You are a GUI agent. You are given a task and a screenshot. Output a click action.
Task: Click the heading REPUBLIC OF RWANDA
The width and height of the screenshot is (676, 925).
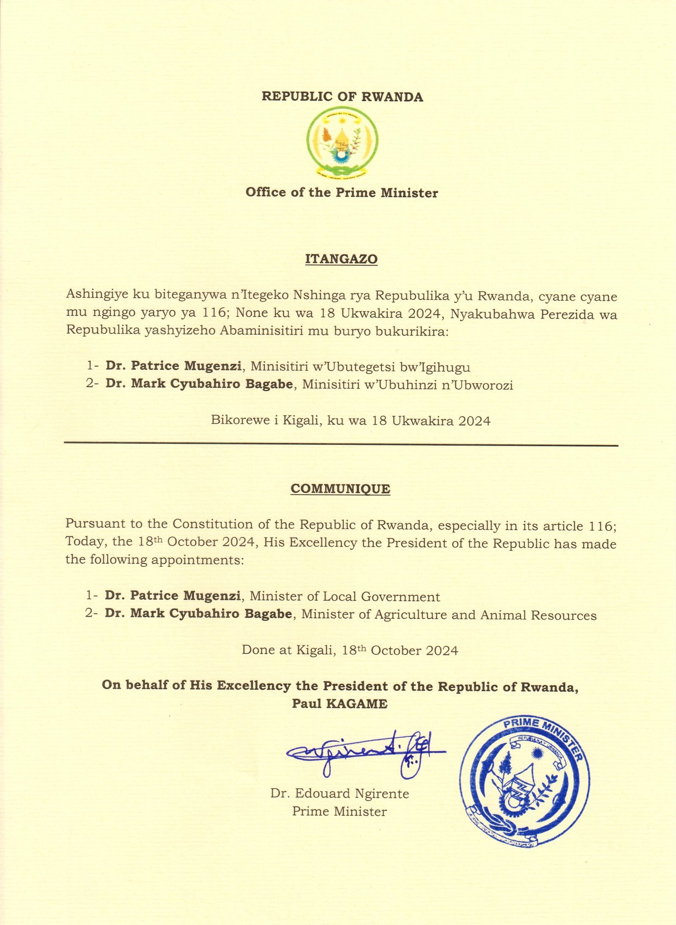coord(343,97)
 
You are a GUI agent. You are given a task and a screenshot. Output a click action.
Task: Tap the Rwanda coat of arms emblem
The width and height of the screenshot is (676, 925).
coord(342,141)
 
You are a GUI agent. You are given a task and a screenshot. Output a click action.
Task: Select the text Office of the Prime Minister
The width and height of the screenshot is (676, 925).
coord(342,193)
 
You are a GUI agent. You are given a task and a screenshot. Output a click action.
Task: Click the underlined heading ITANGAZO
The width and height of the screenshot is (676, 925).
coord(342,259)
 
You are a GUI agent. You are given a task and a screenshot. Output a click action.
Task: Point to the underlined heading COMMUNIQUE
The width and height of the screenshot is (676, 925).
coord(340,489)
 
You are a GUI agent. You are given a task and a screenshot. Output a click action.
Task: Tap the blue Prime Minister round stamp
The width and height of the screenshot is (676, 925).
coord(525,781)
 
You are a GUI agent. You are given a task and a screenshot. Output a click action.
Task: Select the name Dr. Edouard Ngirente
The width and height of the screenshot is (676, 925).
coord(340,793)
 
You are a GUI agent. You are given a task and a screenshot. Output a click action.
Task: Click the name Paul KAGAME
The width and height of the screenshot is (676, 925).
coord(339,704)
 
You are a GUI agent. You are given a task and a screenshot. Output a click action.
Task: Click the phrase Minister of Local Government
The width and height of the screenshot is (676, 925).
coord(345,597)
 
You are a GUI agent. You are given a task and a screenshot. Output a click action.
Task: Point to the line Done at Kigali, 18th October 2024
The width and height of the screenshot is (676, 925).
coord(350,650)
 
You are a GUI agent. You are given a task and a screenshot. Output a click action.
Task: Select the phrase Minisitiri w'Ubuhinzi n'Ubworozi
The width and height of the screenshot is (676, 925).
coord(408,385)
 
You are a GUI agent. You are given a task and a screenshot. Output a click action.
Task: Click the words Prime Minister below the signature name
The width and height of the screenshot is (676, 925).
coord(339,811)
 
